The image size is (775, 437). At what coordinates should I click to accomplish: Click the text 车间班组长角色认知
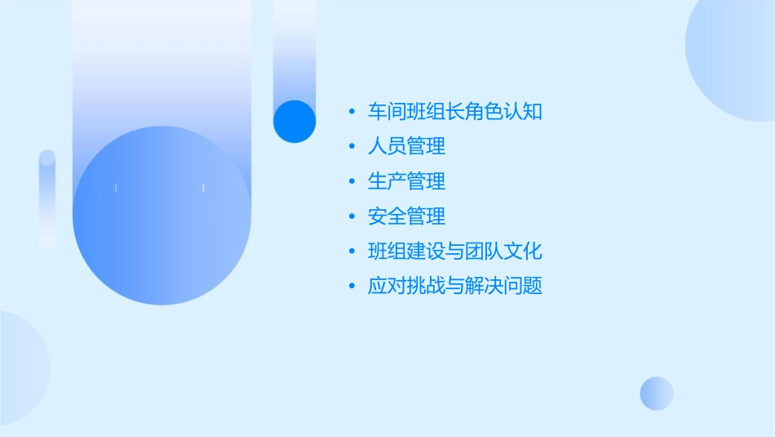454,112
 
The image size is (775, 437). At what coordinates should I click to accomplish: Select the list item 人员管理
406,147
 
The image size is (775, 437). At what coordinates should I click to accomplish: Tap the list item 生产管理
406,181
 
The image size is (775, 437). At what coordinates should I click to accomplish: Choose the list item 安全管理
406,216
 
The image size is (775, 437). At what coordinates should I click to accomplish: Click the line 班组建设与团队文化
454,252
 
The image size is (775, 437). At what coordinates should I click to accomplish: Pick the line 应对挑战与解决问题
454,287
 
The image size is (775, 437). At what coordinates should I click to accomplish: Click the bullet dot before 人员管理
352,147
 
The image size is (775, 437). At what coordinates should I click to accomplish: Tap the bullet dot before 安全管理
352,216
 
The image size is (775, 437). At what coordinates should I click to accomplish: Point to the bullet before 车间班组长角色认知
352,112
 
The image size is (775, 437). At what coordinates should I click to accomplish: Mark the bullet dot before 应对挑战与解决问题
352,287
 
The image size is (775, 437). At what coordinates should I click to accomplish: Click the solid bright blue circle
294,121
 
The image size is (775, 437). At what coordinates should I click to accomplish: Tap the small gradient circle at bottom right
657,393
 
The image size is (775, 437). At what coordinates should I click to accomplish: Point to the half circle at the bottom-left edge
20,368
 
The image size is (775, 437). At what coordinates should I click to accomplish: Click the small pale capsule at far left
47,198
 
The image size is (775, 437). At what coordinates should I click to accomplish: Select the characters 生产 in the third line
387,181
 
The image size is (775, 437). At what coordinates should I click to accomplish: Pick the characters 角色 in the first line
484,112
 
